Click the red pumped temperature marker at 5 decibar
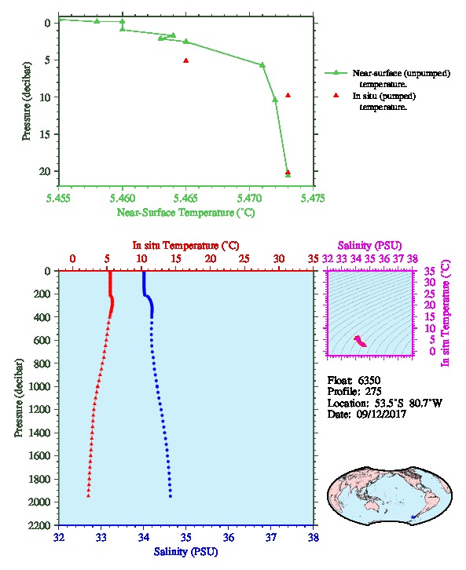[186, 60]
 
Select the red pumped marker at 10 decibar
[288, 95]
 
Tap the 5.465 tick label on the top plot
[185, 198]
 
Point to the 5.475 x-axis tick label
[314, 198]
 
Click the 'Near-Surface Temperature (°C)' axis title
[185, 213]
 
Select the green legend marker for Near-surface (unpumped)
[336, 73]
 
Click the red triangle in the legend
[336, 95]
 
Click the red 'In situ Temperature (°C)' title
[185, 246]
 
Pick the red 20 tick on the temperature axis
[211, 258]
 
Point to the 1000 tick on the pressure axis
[41, 386]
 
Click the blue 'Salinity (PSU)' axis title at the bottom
[185, 552]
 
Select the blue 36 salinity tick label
[229, 537]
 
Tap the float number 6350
[369, 380]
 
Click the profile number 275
[372, 392]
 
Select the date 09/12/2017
[381, 414]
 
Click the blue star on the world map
[413, 517]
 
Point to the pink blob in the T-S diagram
[360, 341]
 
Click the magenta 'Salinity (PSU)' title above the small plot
[369, 246]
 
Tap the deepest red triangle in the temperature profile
[88, 495]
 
